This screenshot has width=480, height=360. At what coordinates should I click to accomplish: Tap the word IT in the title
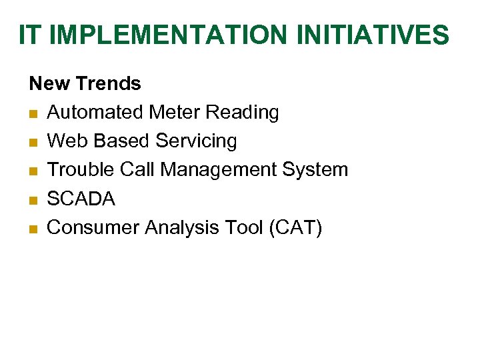pyautogui.click(x=30, y=35)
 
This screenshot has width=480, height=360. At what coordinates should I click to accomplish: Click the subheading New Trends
pyautogui.click(x=85, y=84)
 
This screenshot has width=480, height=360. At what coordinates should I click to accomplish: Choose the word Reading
pyautogui.click(x=242, y=113)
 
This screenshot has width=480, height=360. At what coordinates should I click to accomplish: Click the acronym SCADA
pyautogui.click(x=81, y=199)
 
